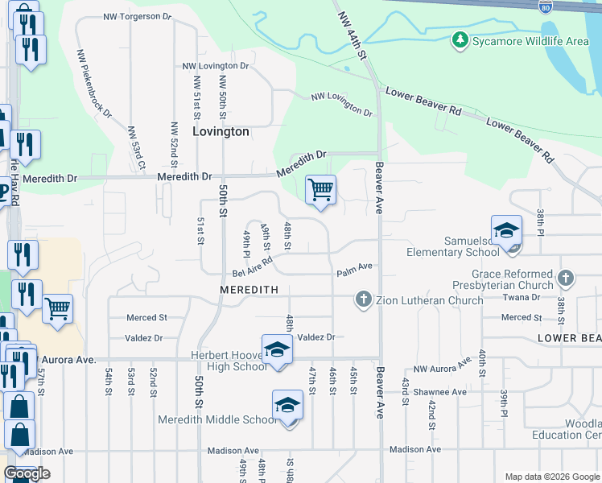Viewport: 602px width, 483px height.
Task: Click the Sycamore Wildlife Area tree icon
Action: (460, 39)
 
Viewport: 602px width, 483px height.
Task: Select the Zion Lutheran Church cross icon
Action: (364, 300)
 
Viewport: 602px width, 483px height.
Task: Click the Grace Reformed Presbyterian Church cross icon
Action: (566, 279)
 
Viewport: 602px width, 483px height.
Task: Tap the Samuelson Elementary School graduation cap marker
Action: (507, 229)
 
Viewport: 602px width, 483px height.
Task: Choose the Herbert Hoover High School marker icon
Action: (276, 350)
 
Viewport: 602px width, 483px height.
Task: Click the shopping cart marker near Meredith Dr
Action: (320, 190)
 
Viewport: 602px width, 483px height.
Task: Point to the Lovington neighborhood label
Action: (220, 131)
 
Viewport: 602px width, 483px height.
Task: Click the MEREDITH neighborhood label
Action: (249, 289)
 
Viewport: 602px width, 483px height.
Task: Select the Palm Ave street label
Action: (355, 266)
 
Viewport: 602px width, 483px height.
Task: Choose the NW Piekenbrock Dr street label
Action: (95, 85)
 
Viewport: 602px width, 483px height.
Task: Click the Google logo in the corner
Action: (27, 474)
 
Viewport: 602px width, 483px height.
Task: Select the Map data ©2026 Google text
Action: (551, 477)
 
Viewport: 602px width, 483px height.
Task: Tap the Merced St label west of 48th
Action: (146, 318)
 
